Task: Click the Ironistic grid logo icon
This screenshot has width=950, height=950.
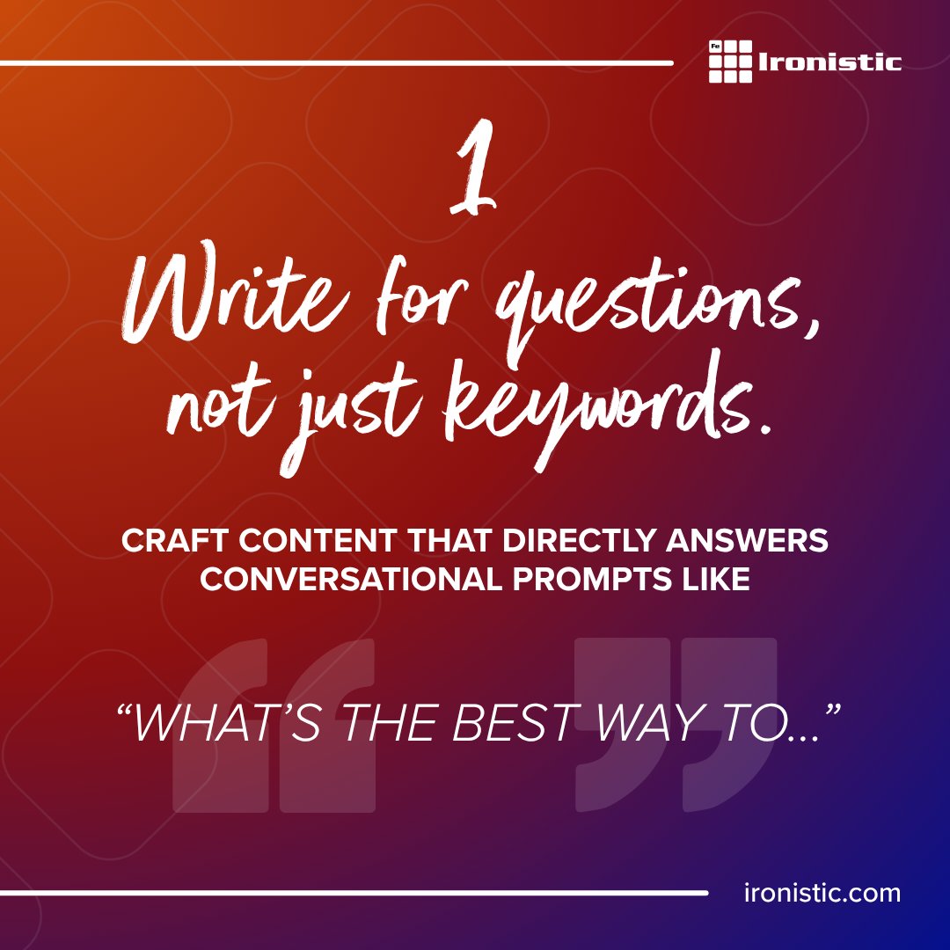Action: pyautogui.click(x=730, y=62)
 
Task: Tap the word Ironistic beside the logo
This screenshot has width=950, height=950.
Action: pyautogui.click(x=829, y=62)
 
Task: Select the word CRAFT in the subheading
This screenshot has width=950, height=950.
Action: pyautogui.click(x=170, y=541)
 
